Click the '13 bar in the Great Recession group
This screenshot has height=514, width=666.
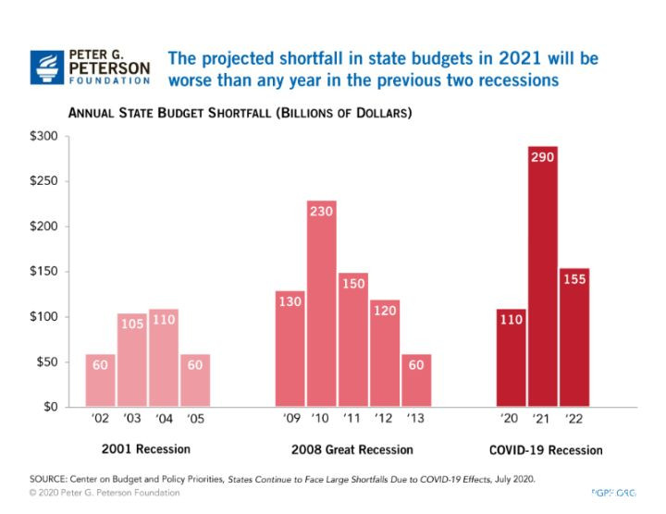[416, 380]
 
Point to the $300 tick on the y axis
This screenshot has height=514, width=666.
[43, 137]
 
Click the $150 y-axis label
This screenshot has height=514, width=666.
[43, 272]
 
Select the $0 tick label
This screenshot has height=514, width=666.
[49, 407]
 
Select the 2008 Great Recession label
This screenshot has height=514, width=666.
[353, 449]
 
